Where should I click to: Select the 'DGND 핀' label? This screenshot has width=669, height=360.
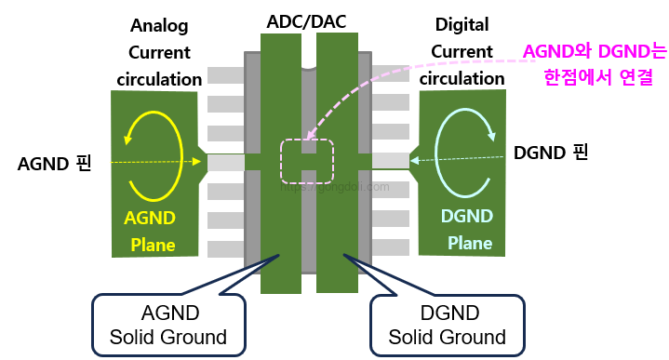click(x=551, y=153)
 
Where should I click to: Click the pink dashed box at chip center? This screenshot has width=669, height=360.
click(x=307, y=161)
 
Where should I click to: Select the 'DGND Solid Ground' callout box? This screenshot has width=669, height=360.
click(x=447, y=325)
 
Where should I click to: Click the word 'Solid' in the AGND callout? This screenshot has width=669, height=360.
click(x=133, y=336)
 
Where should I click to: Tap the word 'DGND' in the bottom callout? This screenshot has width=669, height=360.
click(x=447, y=313)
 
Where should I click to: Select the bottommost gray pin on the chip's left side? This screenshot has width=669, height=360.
click(x=224, y=248)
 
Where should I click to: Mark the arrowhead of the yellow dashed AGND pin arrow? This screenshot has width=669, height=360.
click(x=198, y=162)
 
